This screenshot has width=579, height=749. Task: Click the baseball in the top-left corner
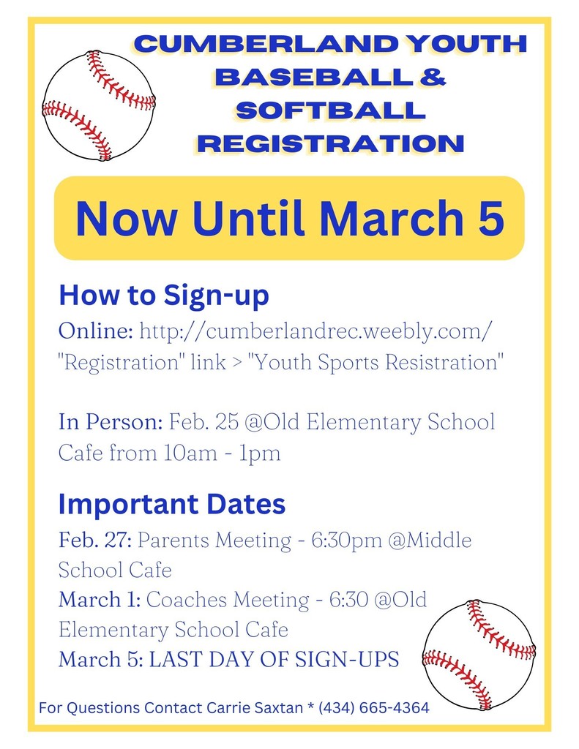99,105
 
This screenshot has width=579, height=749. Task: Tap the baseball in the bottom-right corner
479,655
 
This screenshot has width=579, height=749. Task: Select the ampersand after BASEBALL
433,77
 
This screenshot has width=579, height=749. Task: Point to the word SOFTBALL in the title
330,110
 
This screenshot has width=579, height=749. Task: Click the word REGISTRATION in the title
331,144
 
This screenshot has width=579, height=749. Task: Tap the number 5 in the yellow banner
491,218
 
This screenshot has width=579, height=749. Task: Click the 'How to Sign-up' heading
163,296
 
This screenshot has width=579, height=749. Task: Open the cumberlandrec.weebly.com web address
315,331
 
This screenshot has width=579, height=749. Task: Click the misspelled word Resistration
444,361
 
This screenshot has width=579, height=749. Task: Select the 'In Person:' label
111,422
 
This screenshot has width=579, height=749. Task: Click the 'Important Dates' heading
172,504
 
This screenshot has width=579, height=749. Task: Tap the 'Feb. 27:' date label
95,541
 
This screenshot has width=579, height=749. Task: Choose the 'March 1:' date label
100,600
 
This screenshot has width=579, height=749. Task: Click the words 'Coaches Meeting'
228,600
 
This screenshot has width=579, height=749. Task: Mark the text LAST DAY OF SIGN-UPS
274,660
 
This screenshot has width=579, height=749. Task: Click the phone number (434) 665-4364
374,708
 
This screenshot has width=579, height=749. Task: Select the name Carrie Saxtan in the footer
255,708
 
